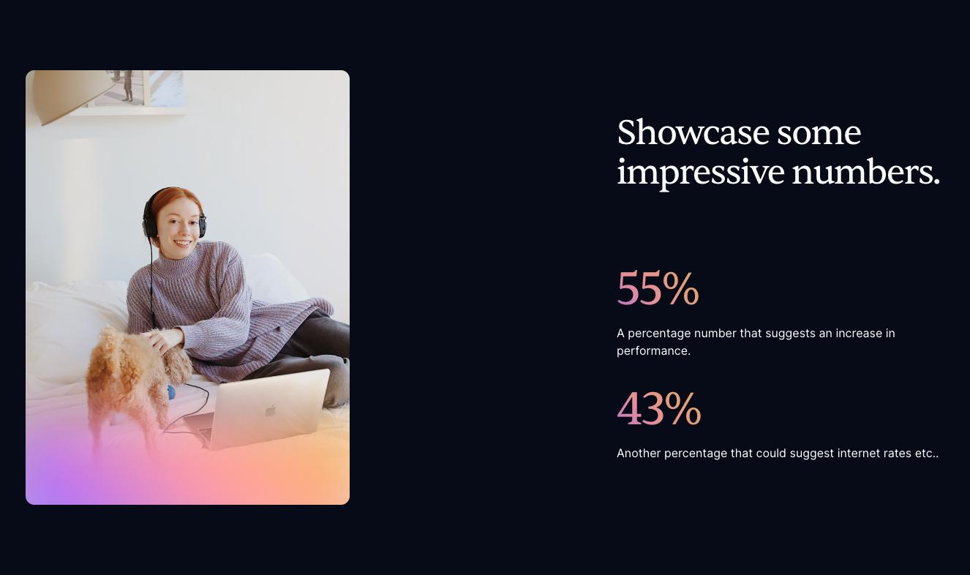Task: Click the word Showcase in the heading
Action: pos(693,132)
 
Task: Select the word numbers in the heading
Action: pos(865,171)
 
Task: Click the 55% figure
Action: pos(658,287)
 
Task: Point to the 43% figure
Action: pos(658,408)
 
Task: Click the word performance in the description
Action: pos(653,351)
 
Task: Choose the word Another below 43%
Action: pos(639,454)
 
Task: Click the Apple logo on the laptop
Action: pos(271,410)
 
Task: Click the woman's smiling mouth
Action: pos(182,244)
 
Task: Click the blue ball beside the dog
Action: pos(171,392)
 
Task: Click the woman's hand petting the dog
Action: pos(162,340)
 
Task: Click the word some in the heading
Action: pos(819,133)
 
